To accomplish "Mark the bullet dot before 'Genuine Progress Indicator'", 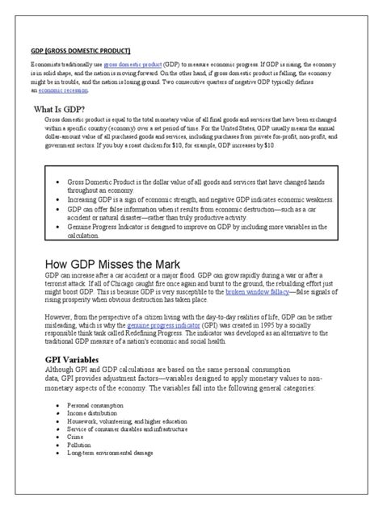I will pos(58,228).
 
